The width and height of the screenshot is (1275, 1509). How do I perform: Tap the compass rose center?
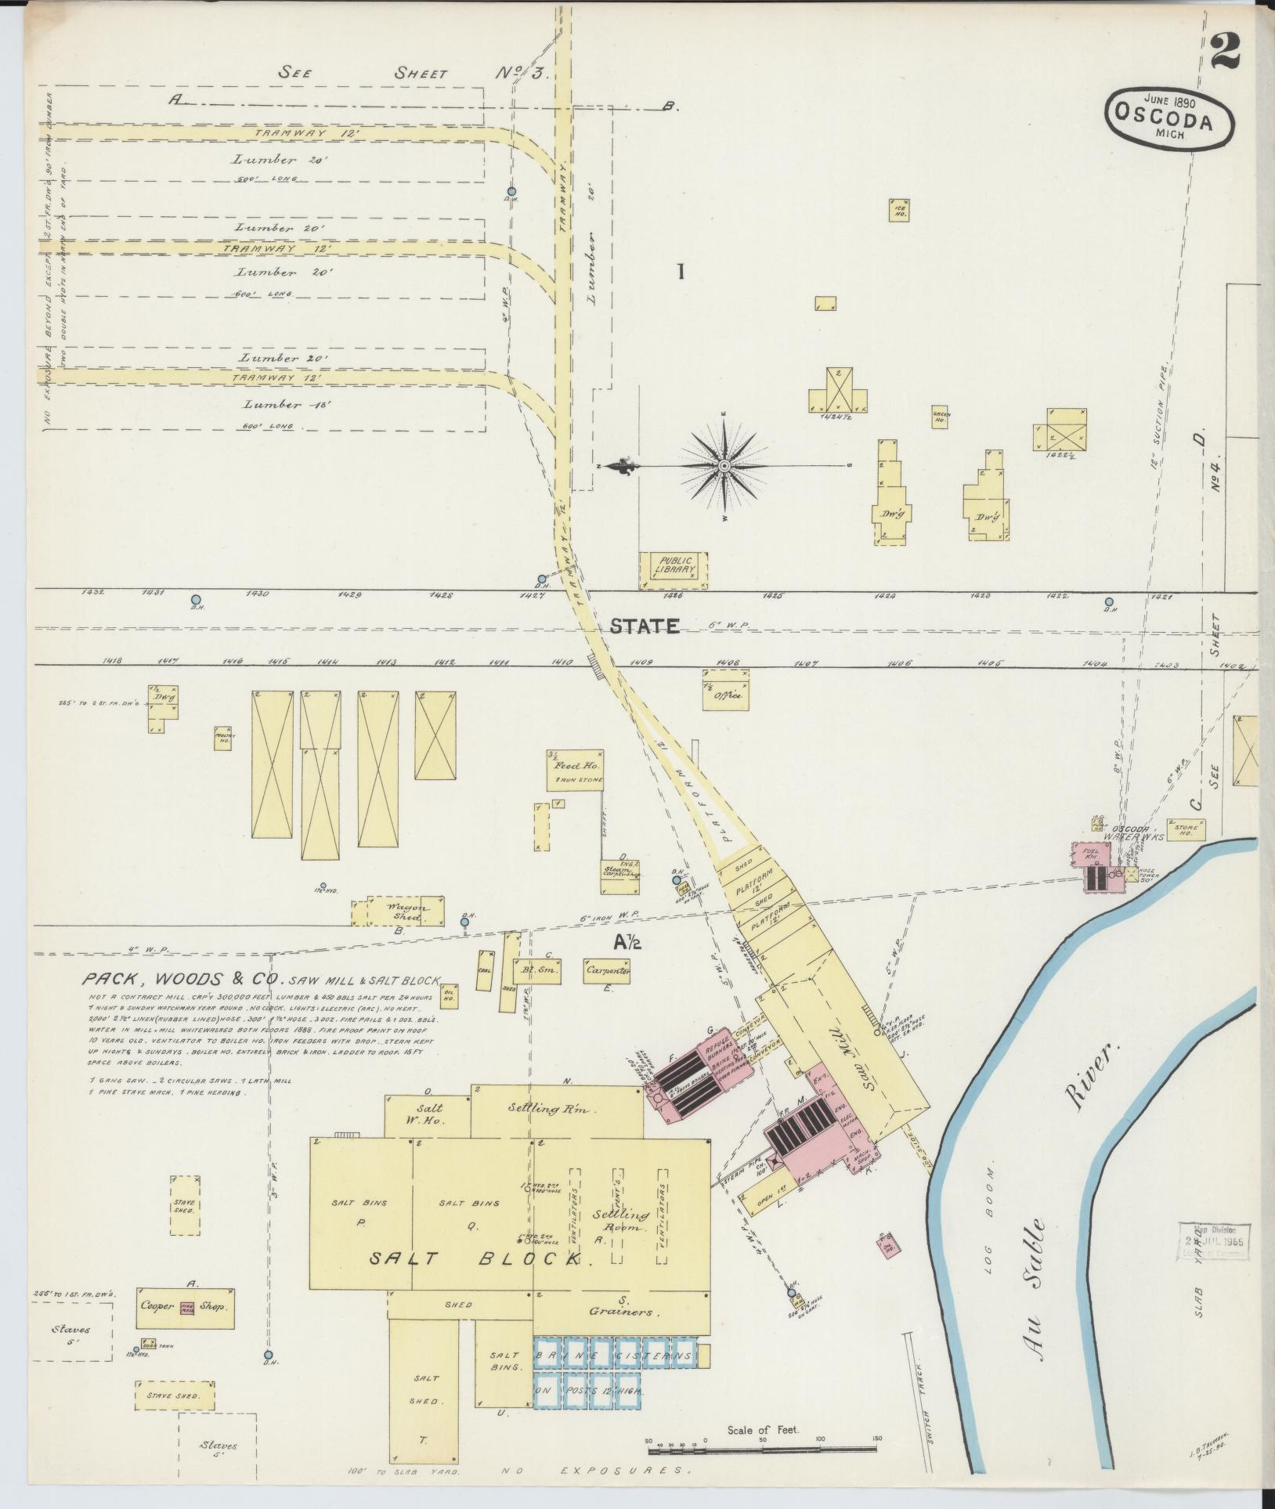pyautogui.click(x=724, y=466)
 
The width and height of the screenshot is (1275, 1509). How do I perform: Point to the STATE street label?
pyautogui.click(x=644, y=626)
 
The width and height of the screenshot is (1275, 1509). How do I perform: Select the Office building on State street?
pyautogui.click(x=725, y=695)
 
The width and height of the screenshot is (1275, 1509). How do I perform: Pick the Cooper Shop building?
pyautogui.click(x=184, y=1305)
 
